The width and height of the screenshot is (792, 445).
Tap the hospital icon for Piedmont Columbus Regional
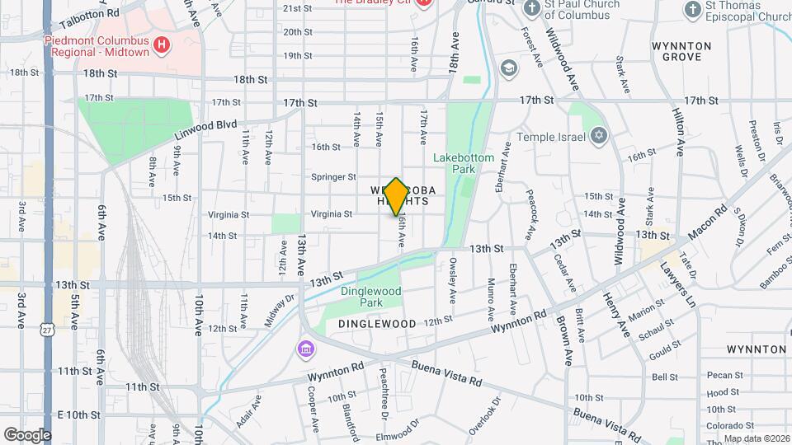(162, 45)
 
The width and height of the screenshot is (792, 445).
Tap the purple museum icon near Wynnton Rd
(306, 350)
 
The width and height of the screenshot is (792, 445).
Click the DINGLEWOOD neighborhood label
(376, 324)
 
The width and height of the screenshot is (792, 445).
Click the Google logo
(26, 434)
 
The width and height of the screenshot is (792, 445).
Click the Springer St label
(333, 176)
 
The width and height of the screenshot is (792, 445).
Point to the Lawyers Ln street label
(678, 284)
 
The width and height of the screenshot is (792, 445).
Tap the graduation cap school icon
(509, 67)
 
